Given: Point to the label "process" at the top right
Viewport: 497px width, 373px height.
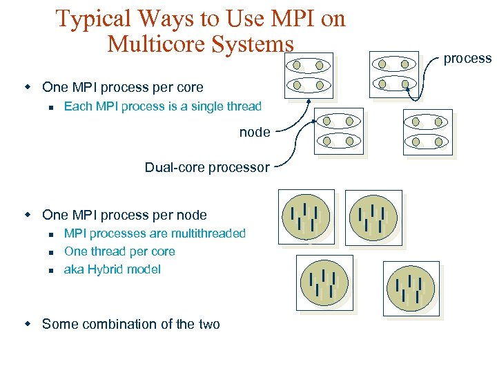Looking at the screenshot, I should [x=467, y=59].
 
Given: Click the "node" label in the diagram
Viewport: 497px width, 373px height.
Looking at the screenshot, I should [x=254, y=132].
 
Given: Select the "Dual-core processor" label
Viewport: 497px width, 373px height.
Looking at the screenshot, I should [x=206, y=167].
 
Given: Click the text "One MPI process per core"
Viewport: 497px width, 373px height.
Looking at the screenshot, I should [x=122, y=87].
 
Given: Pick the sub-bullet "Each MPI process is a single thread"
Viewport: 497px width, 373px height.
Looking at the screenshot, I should [x=162, y=106].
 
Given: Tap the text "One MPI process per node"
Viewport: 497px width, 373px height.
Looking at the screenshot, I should [x=124, y=215].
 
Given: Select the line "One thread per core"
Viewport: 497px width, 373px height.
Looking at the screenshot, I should [x=119, y=251].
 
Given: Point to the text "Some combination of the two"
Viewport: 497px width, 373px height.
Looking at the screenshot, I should [x=130, y=324].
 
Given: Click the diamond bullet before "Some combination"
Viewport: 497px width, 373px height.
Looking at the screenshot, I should [x=28, y=323].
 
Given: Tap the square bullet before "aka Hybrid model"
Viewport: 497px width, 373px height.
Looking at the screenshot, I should [x=51, y=270].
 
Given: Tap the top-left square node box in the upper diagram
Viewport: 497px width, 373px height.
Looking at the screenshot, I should [x=309, y=75].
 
